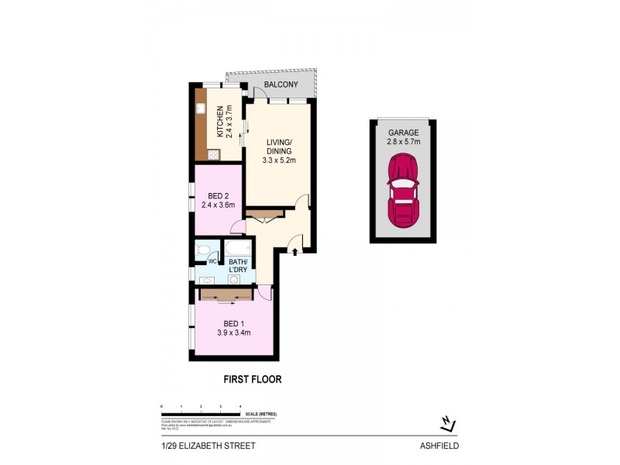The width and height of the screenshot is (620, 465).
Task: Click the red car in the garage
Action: point(403,190)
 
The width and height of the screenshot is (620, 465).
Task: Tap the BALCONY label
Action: point(281,84)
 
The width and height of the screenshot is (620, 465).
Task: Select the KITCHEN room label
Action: point(219,121)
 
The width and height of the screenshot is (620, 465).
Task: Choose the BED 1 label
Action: point(233,324)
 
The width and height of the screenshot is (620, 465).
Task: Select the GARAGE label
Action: point(403,132)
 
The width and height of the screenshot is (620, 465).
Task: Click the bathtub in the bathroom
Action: point(237,249)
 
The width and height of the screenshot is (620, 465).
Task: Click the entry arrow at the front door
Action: point(294,249)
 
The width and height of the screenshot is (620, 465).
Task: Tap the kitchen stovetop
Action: point(212,153)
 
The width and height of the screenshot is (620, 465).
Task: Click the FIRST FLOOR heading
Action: point(252,380)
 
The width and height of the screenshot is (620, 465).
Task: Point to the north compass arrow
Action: point(447,423)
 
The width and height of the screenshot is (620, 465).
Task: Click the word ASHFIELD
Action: point(441,446)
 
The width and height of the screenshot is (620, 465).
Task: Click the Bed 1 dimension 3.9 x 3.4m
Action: point(233,334)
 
